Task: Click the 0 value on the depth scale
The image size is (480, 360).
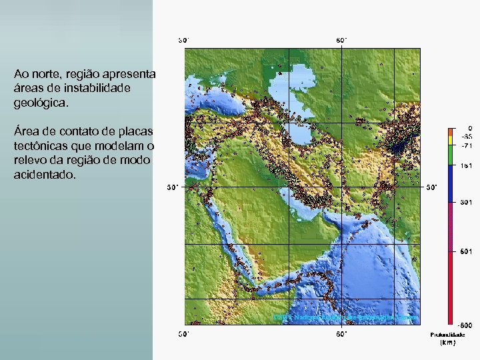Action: point(469,128)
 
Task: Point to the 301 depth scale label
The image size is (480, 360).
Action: point(466,201)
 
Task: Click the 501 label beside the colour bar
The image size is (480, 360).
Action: point(466,251)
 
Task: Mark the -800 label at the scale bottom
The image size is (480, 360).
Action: point(465,325)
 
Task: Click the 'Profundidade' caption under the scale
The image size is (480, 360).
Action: point(447,335)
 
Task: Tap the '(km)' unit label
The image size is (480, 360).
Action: point(447,343)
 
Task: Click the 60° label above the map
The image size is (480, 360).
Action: point(341,40)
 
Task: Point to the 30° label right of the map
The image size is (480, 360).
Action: point(432,187)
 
